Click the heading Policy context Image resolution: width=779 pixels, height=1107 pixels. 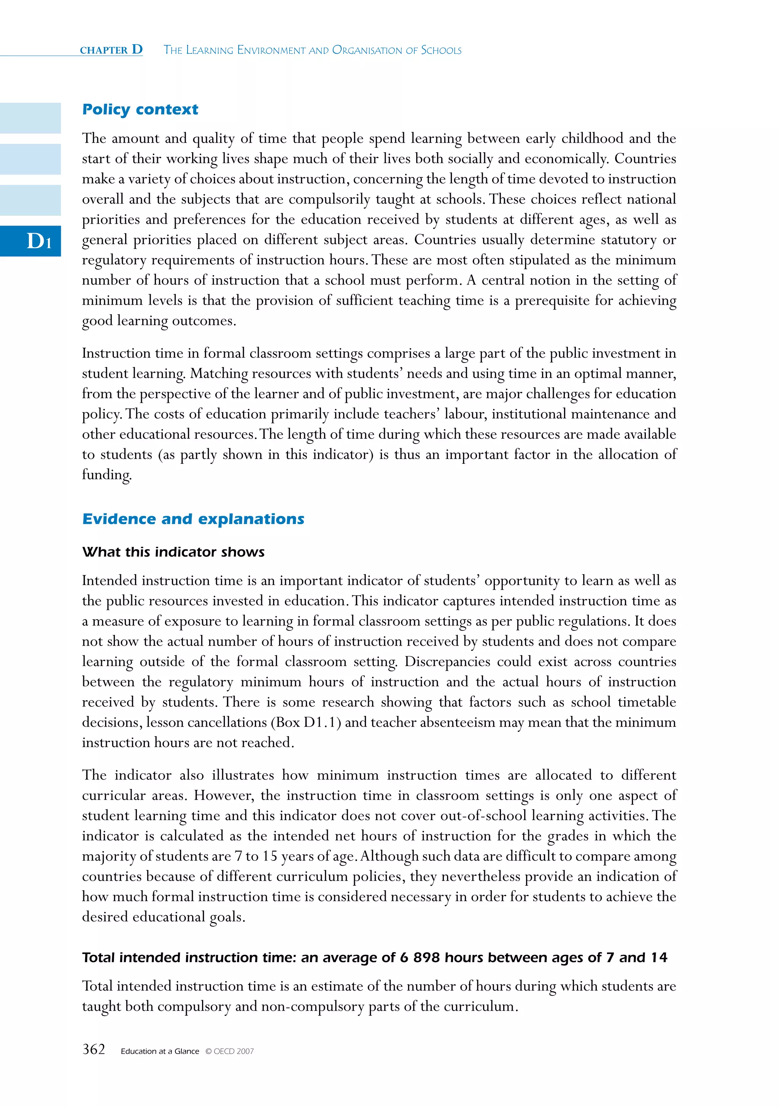coord(140,110)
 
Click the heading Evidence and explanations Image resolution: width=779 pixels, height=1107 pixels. coord(193,519)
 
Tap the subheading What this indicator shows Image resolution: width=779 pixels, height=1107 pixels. coord(173,552)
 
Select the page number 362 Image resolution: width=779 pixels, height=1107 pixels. coord(94,1050)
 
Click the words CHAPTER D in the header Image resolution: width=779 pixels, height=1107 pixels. coord(111,50)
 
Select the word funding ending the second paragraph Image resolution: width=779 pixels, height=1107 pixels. coord(106,475)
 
